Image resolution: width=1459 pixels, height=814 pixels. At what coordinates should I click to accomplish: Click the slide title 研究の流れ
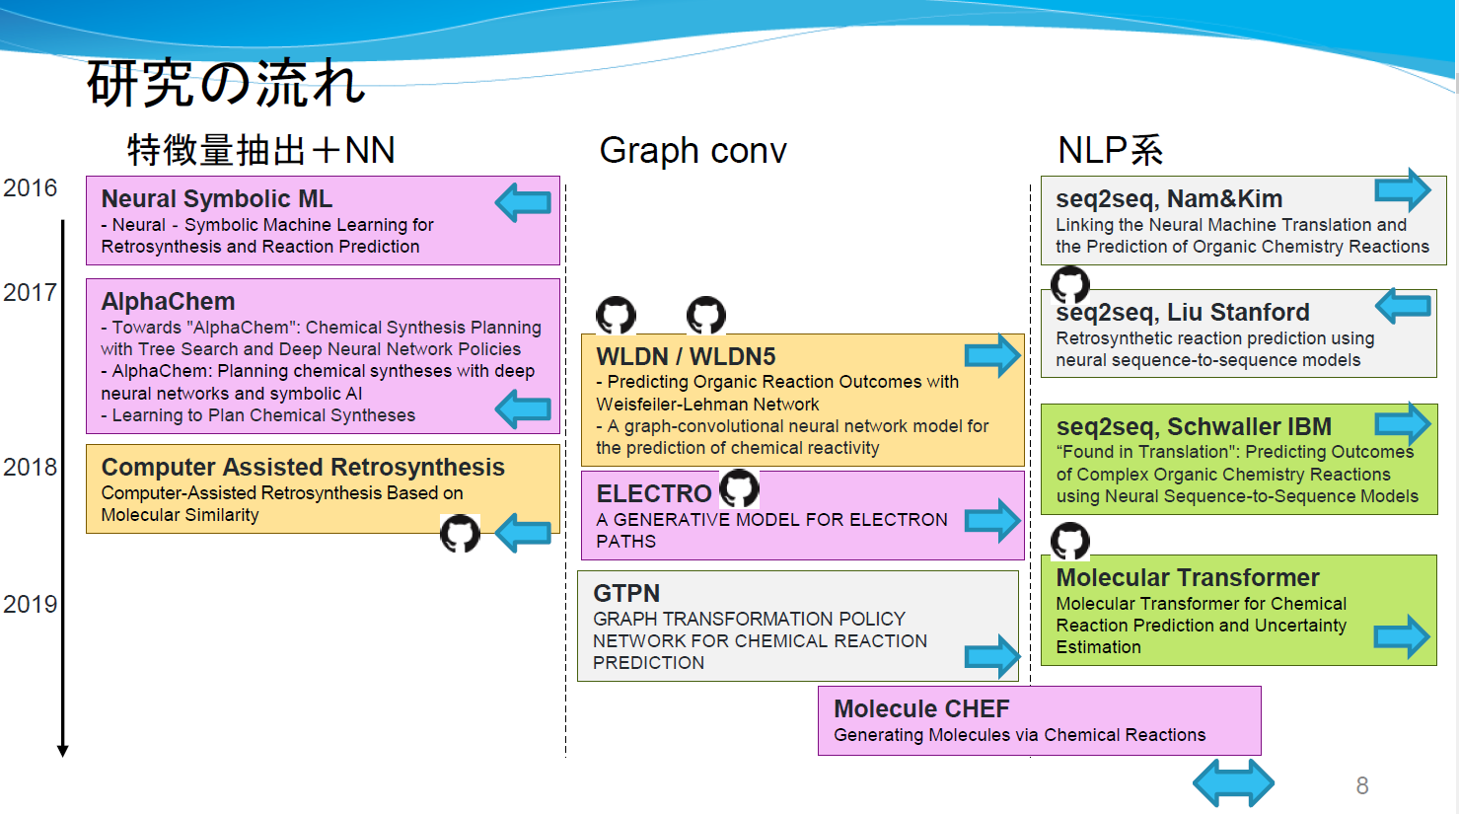click(x=226, y=83)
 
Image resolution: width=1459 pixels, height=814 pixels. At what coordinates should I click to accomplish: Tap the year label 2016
click(x=30, y=187)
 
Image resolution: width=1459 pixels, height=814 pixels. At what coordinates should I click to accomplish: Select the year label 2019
click(x=30, y=604)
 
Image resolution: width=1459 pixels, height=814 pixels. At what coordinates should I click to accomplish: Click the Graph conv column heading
click(x=693, y=151)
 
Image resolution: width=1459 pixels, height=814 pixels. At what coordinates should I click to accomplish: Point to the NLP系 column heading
click(x=1111, y=151)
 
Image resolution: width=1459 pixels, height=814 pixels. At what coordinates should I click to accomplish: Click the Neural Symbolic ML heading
click(x=217, y=198)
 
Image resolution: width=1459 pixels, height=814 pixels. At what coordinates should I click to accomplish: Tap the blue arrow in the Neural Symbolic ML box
click(x=523, y=202)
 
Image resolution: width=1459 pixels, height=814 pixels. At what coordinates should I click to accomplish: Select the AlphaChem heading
click(x=168, y=302)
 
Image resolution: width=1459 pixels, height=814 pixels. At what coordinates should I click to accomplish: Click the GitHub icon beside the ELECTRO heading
click(x=739, y=488)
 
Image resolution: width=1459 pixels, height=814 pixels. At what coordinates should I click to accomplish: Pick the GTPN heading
click(x=626, y=594)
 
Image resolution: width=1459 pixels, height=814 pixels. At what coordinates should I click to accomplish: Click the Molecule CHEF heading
click(x=921, y=708)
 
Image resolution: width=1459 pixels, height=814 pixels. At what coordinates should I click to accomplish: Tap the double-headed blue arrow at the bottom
click(x=1234, y=782)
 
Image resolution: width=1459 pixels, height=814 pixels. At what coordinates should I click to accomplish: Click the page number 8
click(x=1362, y=785)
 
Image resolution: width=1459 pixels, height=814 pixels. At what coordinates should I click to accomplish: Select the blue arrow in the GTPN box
click(x=992, y=656)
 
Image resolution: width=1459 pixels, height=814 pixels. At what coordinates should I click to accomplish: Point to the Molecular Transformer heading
click(x=1188, y=578)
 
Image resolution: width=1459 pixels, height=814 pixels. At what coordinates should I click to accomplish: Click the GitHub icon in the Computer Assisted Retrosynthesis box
click(x=460, y=533)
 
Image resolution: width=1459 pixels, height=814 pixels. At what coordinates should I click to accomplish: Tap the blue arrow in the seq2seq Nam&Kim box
click(x=1403, y=190)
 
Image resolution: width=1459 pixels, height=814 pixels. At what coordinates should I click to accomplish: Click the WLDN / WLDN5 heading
click(x=686, y=357)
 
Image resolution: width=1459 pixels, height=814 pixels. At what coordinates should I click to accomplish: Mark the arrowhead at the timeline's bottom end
click(x=62, y=752)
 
